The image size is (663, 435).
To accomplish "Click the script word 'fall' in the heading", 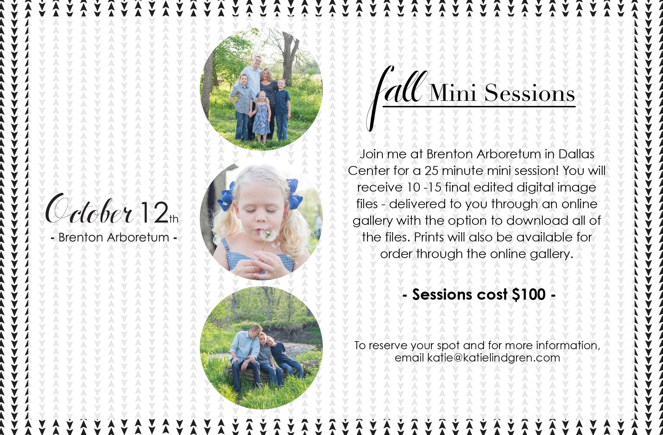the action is [395, 96].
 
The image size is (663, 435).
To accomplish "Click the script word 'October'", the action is [89, 209].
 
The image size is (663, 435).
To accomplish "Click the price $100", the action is [529, 295].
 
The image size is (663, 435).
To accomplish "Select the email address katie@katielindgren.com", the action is [494, 358].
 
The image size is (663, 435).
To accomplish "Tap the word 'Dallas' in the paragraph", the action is [576, 154].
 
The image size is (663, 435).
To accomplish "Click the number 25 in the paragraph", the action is [431, 171].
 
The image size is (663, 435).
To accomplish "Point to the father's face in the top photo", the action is [257, 62].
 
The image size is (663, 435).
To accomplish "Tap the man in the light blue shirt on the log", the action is [246, 356].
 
